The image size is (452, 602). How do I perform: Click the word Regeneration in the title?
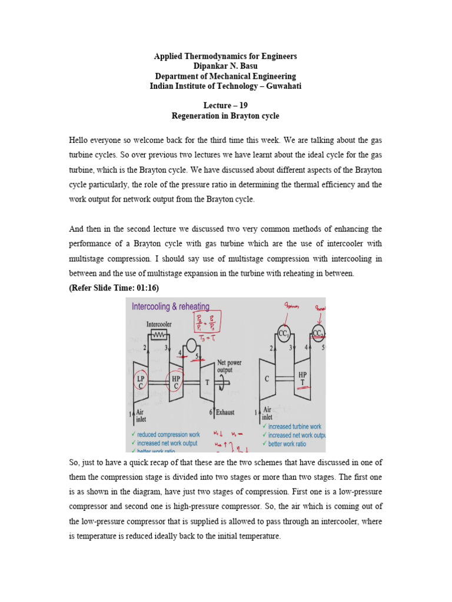point(196,116)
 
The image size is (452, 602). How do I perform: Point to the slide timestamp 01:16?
point(145,287)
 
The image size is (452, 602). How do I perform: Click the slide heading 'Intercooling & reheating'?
point(170,306)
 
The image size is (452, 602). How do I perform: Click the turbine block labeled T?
point(207,382)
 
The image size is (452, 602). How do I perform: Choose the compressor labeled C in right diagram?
point(267,379)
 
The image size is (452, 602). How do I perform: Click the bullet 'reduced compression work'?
point(168,434)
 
